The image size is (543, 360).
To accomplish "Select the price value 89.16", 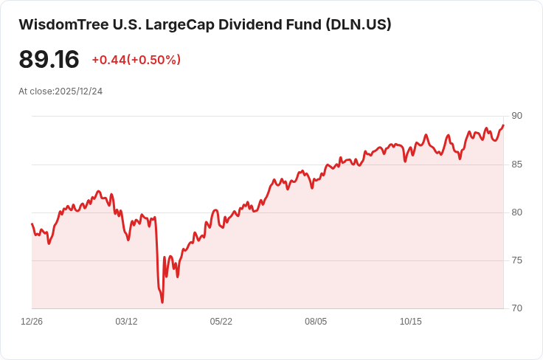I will pos(49,60).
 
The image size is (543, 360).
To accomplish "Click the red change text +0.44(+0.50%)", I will pos(136,60).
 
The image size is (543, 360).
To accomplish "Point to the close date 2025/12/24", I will pos(78,91).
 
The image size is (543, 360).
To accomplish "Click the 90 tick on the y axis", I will pos(516,116).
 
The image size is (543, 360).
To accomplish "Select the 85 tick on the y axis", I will pos(516,164).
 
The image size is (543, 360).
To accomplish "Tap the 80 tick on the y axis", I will pos(516,212).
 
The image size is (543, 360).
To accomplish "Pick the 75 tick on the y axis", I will pos(516,260).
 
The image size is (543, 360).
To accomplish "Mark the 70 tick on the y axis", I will pos(516,308).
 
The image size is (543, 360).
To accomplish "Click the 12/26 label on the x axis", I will pos(32,322).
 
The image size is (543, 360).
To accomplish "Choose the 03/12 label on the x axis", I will pos(126,322).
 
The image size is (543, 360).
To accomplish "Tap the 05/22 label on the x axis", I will pos(221,322).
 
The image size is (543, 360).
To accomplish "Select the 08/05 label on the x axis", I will pos(316,322).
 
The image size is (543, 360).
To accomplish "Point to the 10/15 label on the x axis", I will pos(410,322).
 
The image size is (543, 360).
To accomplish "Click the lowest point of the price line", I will pos(162,302).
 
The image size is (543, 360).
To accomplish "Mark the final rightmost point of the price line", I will pos(503,125).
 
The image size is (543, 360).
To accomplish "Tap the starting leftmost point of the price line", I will pos(32,224).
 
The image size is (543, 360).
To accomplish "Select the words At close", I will pos(35,91).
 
